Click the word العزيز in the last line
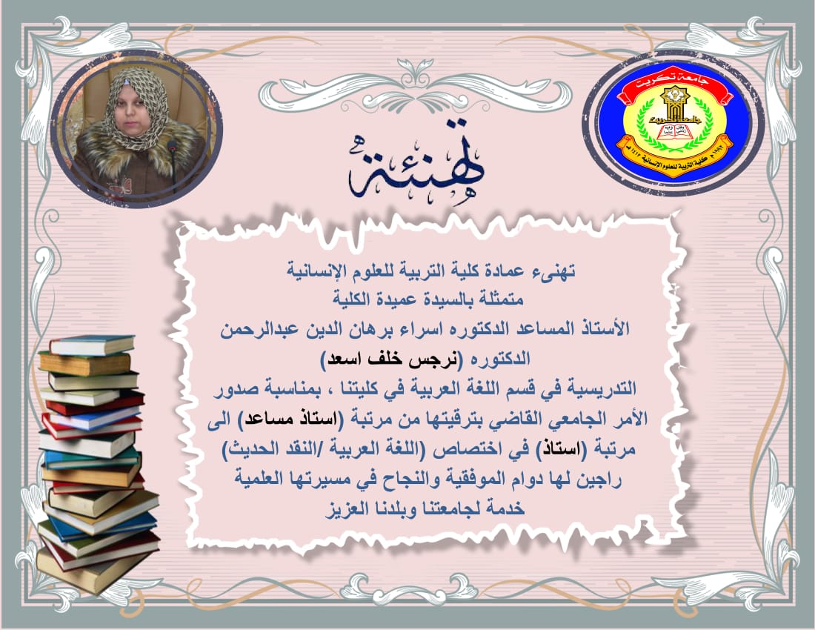pos(346,508)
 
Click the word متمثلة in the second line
pos(501,299)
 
